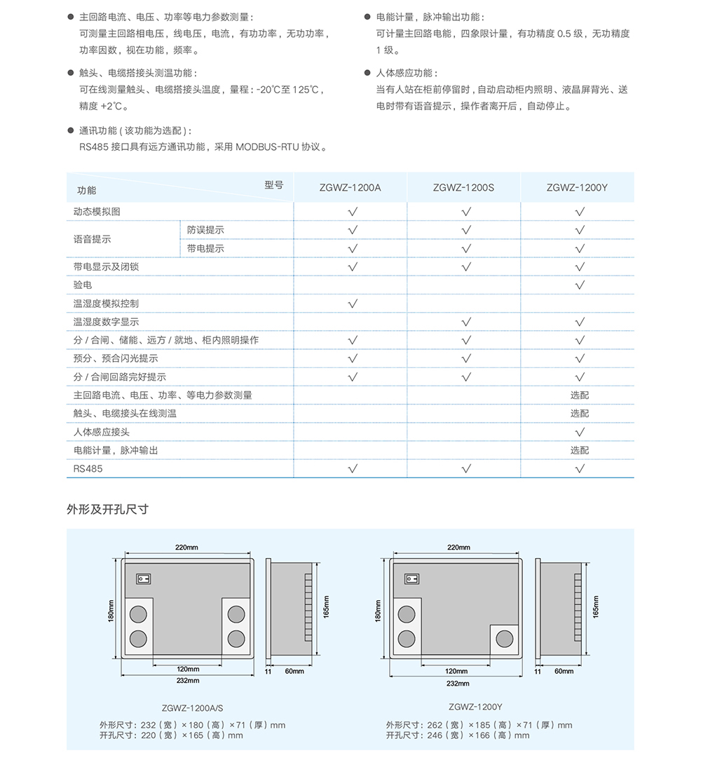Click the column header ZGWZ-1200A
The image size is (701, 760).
tap(350, 188)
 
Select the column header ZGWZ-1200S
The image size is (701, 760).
tap(463, 188)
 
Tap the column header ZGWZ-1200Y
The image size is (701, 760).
tap(577, 188)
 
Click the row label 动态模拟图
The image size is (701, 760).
tap(97, 212)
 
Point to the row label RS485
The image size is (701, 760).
tap(88, 468)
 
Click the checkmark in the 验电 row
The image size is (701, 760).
tap(580, 285)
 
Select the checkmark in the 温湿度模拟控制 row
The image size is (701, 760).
tap(353, 304)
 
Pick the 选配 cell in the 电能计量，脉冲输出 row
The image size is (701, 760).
tap(580, 450)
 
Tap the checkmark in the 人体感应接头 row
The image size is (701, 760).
tap(580, 432)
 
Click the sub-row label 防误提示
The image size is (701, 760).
tap(205, 230)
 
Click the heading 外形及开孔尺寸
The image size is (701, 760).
tap(107, 510)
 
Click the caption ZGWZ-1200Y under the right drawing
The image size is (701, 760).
tap(475, 707)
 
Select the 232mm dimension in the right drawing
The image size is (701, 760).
tap(458, 683)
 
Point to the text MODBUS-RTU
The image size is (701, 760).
tap(266, 147)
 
